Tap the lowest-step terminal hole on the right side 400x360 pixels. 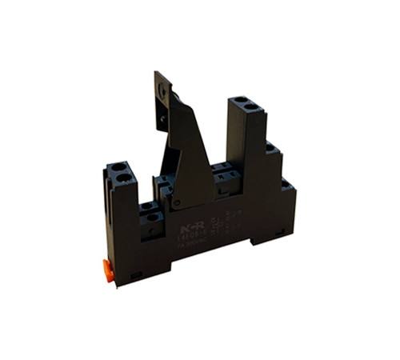[285, 183]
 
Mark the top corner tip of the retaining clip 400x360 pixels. [157, 74]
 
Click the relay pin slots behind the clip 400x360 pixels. [219, 170]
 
